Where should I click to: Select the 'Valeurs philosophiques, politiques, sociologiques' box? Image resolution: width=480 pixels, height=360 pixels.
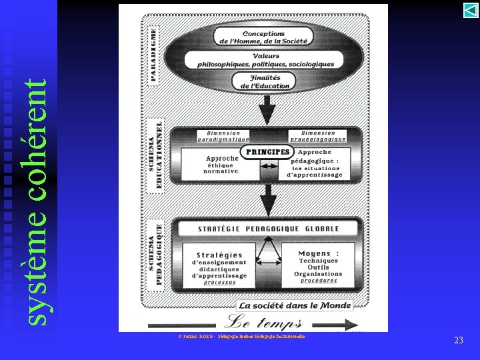tap(265, 60)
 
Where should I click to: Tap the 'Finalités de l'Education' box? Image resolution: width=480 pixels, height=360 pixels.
tap(265, 82)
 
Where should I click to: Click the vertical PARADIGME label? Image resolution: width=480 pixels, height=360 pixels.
tap(153, 55)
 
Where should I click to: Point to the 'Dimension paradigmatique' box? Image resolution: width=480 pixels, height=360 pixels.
tap(223, 136)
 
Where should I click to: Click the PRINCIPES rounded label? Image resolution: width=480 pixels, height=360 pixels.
tap(267, 152)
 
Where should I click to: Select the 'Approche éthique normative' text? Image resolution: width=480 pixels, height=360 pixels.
tap(220, 165)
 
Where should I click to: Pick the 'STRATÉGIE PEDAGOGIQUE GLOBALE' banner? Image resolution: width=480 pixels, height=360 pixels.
tap(268, 229)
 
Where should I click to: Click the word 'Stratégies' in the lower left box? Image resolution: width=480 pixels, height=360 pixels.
tap(219, 255)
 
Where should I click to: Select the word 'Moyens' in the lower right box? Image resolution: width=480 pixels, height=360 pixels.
tap(319, 253)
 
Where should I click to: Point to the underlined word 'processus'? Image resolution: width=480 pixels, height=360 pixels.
tap(220, 282)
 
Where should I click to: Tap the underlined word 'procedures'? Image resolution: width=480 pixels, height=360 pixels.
tap(318, 281)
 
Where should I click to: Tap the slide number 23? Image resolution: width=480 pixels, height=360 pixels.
tap(458, 341)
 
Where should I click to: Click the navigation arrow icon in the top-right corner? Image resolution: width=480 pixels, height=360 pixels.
tap(470, 11)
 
